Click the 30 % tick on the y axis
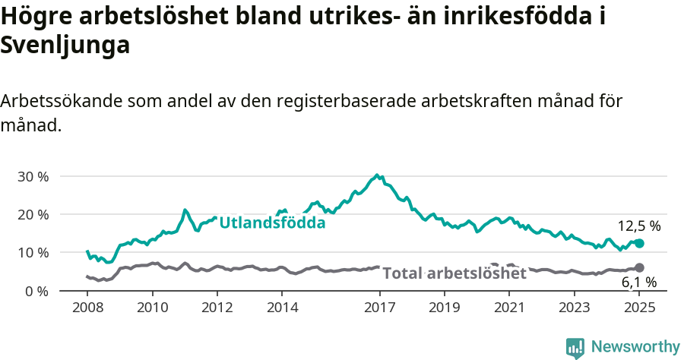pos(33,176)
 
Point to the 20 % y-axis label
pos(33,214)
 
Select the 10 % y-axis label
pos(33,252)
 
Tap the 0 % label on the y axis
pos(37,291)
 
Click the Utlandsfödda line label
pos(272,223)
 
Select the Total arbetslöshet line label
pos(454,273)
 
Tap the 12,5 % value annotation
pos(639,226)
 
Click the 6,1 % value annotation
pos(639,283)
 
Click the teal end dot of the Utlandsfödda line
pos(639,243)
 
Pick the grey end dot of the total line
pos(639,267)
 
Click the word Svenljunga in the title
pos(65,46)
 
